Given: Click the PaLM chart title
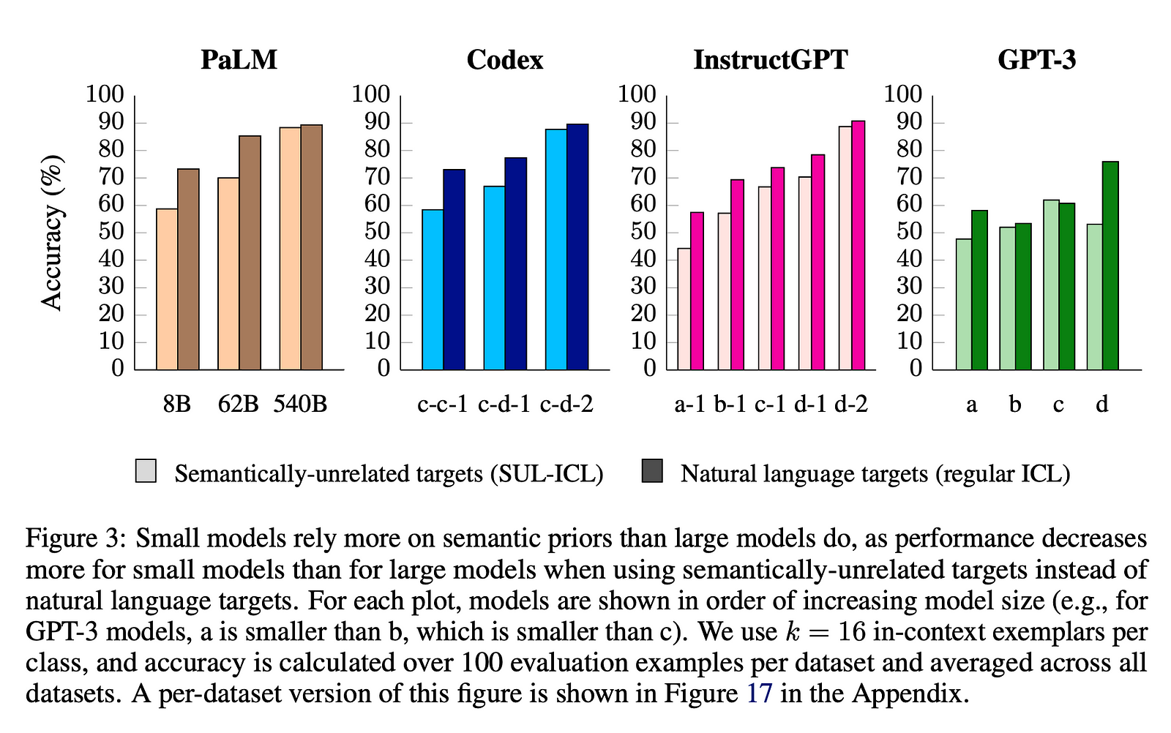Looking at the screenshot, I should pyautogui.click(x=239, y=59).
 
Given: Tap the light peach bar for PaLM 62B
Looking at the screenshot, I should pyautogui.click(x=228, y=274).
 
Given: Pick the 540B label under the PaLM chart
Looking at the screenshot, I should pyautogui.click(x=300, y=403).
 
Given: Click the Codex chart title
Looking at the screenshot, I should pyautogui.click(x=505, y=59).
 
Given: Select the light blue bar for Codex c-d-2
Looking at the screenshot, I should pyautogui.click(x=556, y=249).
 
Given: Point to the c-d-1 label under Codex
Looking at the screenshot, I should pyautogui.click(x=504, y=403).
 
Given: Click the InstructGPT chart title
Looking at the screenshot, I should pyautogui.click(x=771, y=59).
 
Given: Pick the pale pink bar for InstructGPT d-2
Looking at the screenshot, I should pyautogui.click(x=845, y=248).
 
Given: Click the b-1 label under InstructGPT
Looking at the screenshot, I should pyautogui.click(x=730, y=403).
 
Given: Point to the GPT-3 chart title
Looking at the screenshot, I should pyautogui.click(x=1036, y=59).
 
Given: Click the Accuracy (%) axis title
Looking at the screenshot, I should pyautogui.click(x=52, y=232).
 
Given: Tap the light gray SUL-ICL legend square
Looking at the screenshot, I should pyautogui.click(x=146, y=471).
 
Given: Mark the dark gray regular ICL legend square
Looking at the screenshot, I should pyautogui.click(x=652, y=471).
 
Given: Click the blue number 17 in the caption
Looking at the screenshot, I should pyautogui.click(x=759, y=693).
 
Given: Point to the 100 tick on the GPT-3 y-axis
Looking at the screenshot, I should pyautogui.click(x=903, y=94).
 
